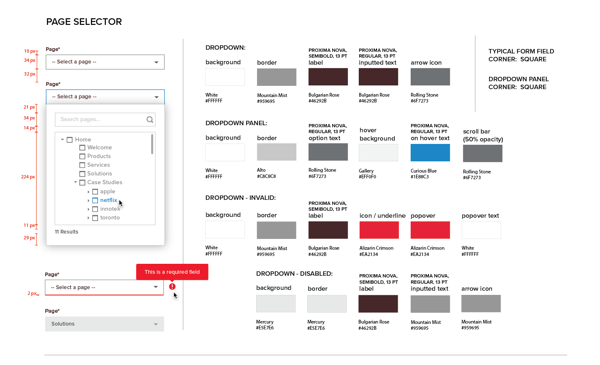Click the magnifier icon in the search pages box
pos(150,119)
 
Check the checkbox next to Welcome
pos(82,148)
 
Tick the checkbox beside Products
pos(82,156)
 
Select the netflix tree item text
pos(108,200)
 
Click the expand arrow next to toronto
pos(88,218)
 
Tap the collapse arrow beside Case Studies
pos(76,182)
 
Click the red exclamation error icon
pos(172,287)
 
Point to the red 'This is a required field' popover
pos(172,272)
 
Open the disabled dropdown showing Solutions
pos(105,324)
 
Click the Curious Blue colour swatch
pos(430,153)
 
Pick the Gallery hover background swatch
pos(379,153)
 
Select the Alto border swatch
pos(277,152)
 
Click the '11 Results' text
pos(66,232)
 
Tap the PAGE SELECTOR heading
pos(84,22)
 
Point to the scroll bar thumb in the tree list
pos(152,144)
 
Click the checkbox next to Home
pos(70,140)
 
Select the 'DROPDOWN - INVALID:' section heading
pos(240,198)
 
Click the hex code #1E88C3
pos(420,177)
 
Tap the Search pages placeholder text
pos(80,119)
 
